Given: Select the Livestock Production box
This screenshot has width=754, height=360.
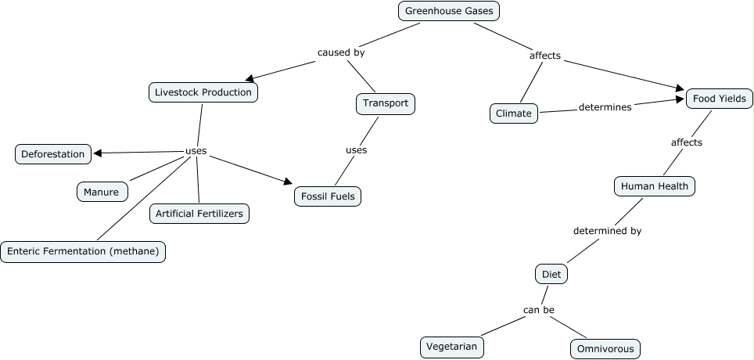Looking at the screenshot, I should pyautogui.click(x=203, y=92).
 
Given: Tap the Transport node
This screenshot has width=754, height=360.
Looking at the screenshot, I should pyautogui.click(x=385, y=103).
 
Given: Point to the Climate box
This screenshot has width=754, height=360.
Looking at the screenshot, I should pyautogui.click(x=514, y=113).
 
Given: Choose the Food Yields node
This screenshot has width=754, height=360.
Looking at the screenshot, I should pyautogui.click(x=720, y=99).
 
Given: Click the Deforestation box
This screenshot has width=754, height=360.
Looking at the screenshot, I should pyautogui.click(x=52, y=154).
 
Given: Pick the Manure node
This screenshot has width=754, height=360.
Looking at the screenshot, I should pyautogui.click(x=102, y=192).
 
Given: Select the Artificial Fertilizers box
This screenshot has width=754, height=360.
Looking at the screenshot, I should pyautogui.click(x=199, y=213).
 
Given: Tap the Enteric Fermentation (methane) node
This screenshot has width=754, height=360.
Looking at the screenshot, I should pyautogui.click(x=83, y=251).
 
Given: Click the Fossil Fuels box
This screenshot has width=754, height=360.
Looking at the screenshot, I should pyautogui.click(x=328, y=196).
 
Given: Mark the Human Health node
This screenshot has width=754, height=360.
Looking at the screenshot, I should pyautogui.click(x=654, y=186).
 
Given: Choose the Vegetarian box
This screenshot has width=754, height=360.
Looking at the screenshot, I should pyautogui.click(x=451, y=346).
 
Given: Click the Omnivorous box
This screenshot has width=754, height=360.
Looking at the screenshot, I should pyautogui.click(x=605, y=348).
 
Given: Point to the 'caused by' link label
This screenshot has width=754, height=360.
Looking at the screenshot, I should pyautogui.click(x=341, y=53).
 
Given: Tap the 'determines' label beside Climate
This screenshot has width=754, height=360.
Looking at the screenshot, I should pyautogui.click(x=605, y=107).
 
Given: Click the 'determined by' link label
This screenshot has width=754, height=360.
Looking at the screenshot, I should pyautogui.click(x=607, y=231).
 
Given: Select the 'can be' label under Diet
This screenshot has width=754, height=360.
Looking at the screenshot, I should pyautogui.click(x=538, y=310).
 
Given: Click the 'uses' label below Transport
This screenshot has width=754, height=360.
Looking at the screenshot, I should pyautogui.click(x=356, y=149).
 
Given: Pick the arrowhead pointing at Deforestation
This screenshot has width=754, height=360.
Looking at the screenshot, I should pyautogui.click(x=98, y=153).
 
